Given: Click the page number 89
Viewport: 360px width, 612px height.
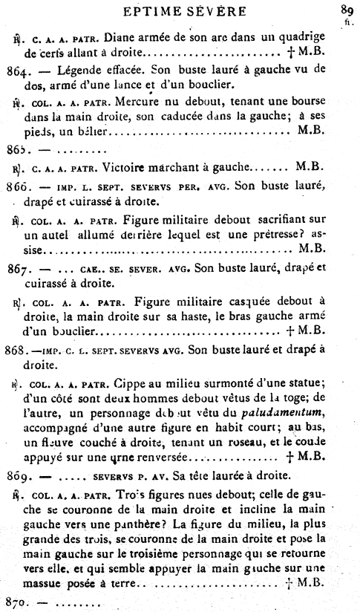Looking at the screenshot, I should tap(346, 10).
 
